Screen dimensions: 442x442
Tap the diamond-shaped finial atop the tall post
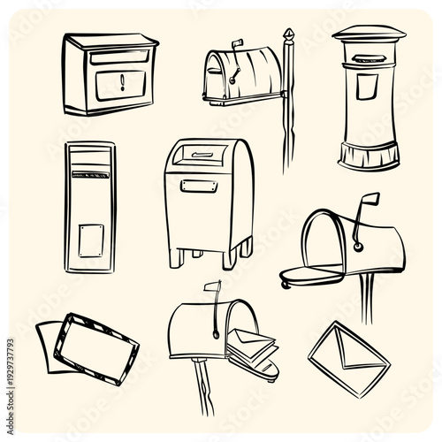coord(287,35)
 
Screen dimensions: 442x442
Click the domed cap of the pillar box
coord(369,34)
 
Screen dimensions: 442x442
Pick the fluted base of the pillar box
coord(369,157)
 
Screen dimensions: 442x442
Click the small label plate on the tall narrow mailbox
coord(91,240)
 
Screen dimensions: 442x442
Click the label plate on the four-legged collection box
coord(199,186)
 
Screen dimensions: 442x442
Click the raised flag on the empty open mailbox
coord(368,202)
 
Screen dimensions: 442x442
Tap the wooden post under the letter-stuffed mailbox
coord(204,389)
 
